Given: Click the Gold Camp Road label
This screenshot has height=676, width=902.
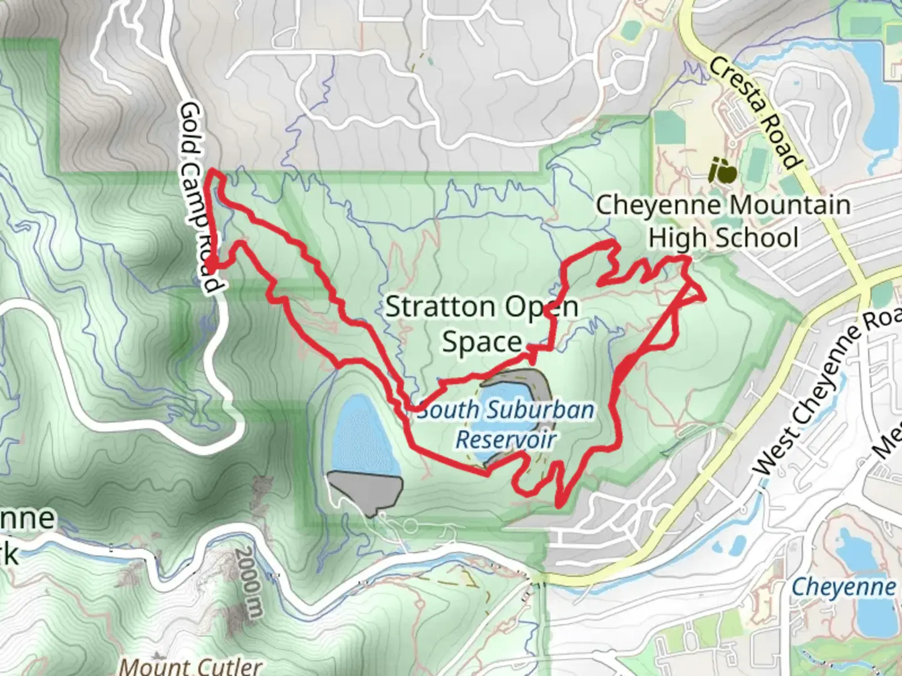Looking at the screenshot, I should tap(200, 197).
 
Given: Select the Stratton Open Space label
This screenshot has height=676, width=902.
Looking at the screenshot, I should tap(482, 324).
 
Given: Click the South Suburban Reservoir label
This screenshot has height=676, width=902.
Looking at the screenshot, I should tap(505, 424).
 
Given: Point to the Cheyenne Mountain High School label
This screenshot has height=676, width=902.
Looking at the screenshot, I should tap(723, 222).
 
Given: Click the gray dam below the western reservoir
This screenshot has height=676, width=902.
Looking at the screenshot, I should tap(364, 491).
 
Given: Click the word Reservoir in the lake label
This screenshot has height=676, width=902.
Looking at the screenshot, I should tap(505, 439).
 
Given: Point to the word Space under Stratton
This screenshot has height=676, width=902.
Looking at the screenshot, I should tap(482, 342).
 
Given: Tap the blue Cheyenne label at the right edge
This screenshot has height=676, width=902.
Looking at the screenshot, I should tap(843, 587).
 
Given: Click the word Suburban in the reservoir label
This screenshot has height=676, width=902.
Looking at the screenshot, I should tap(541, 411).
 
